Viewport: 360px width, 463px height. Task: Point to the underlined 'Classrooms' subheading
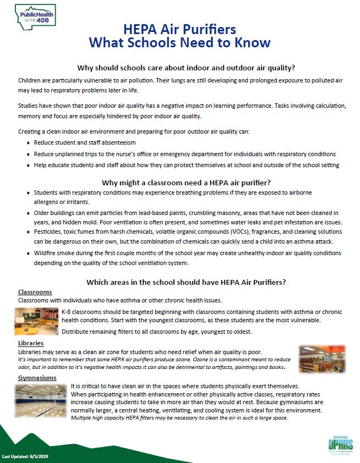pyautogui.click(x=35, y=292)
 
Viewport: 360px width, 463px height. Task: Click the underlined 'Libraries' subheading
pyautogui.click(x=31, y=343)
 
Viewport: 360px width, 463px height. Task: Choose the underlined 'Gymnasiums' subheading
pyautogui.click(x=37, y=378)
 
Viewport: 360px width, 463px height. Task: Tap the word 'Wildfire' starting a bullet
pyautogui.click(x=46, y=253)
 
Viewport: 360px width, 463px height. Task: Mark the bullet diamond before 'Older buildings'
pyautogui.click(x=28, y=213)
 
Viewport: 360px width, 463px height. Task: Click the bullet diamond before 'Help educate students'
pyautogui.click(x=28, y=165)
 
